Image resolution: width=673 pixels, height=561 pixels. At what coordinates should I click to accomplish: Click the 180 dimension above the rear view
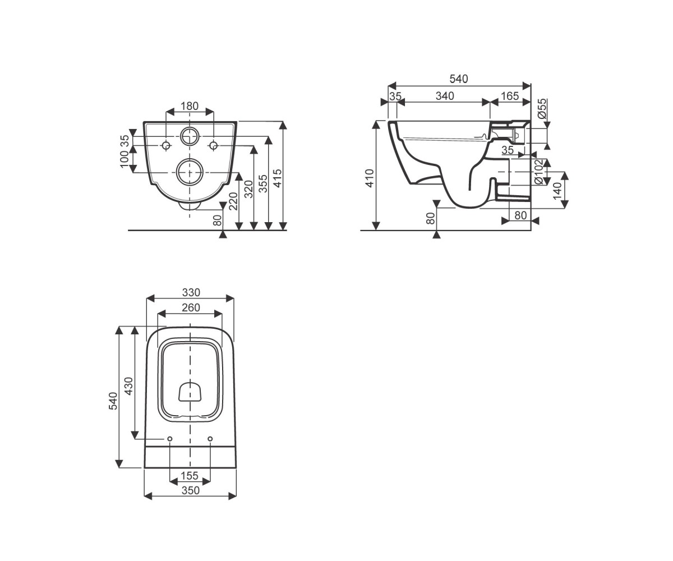pos(190,106)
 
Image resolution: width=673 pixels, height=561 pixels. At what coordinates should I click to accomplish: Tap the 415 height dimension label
pos(278,178)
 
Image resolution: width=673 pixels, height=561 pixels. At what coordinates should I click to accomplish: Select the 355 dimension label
pos(264,184)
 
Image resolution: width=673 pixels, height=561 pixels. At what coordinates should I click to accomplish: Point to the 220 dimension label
pos(233,201)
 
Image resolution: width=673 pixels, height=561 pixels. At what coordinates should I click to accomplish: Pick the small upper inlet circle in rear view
pos(190,137)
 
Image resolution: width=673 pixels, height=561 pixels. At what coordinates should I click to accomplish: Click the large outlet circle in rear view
pos(190,172)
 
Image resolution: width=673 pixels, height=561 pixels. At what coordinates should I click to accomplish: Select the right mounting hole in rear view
pos(213,146)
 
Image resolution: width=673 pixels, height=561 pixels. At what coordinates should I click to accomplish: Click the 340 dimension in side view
pos(445,96)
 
